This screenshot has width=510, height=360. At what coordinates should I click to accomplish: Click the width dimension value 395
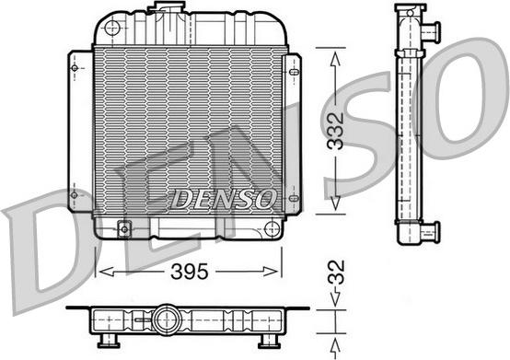(189, 272)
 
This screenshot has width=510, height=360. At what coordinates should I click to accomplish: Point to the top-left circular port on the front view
(112, 29)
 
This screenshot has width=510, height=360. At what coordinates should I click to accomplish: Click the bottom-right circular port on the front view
(271, 227)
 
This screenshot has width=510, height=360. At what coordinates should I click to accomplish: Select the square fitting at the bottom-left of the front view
(123, 227)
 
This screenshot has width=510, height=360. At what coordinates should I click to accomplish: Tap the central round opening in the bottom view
(168, 319)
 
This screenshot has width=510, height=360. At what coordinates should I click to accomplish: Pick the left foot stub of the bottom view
(103, 343)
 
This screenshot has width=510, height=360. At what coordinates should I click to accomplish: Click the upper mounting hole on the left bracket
(74, 67)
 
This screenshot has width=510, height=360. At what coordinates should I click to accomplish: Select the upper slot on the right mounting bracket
(294, 71)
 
